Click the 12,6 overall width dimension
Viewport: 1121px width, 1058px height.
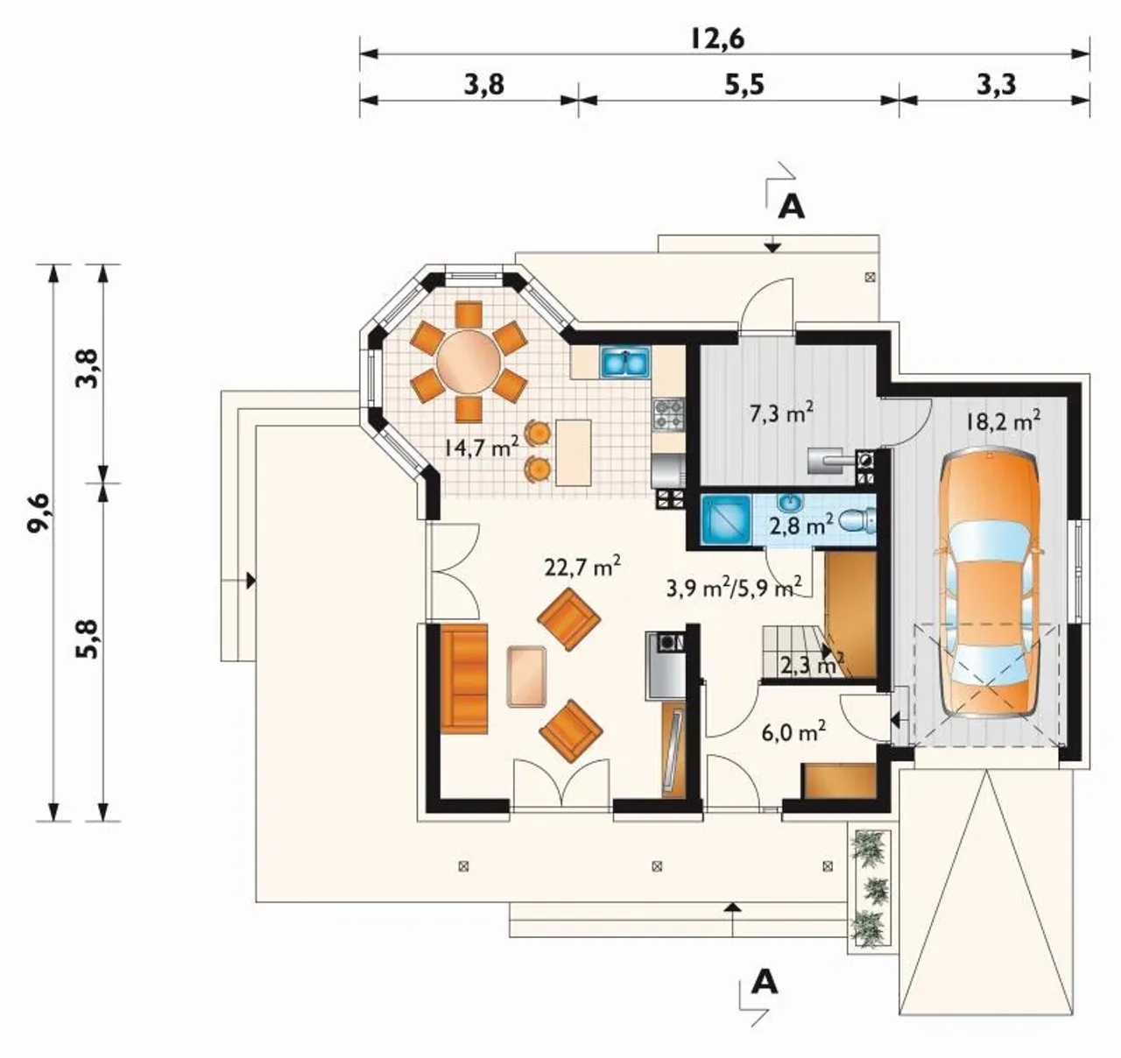click(x=717, y=39)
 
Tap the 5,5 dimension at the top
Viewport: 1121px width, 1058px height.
click(x=744, y=85)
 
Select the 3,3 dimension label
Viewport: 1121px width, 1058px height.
click(x=997, y=85)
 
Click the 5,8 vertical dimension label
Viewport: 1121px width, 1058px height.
click(x=88, y=639)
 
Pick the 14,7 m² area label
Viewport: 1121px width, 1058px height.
click(x=481, y=448)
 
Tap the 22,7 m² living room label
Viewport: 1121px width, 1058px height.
click(x=583, y=567)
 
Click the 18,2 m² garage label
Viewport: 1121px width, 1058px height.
click(x=1003, y=421)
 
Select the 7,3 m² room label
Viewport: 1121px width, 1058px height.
click(x=781, y=413)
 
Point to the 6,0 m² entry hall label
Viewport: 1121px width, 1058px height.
click(x=793, y=733)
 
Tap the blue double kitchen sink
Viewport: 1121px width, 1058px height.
click(x=626, y=363)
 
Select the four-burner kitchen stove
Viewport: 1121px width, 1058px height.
click(x=669, y=415)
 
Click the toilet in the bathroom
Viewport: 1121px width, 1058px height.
click(x=860, y=520)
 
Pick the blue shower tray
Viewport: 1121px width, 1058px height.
click(x=726, y=520)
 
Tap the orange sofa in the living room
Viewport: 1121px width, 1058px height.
click(x=464, y=679)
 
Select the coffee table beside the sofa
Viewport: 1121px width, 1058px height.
click(x=526, y=676)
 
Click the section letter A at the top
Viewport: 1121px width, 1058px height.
click(x=792, y=208)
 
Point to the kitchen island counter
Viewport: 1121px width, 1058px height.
click(x=573, y=453)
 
